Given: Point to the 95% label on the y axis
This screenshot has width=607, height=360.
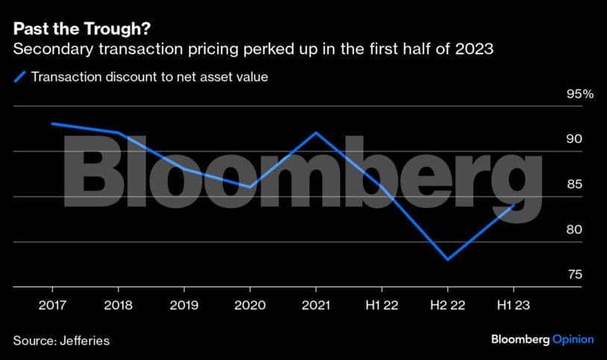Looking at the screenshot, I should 559,95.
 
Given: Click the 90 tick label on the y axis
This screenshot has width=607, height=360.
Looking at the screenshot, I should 553,139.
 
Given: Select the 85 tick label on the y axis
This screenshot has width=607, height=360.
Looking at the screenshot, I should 553,185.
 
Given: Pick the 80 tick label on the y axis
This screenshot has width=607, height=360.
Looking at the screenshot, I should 553,230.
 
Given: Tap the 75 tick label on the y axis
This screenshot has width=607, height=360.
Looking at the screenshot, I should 553,275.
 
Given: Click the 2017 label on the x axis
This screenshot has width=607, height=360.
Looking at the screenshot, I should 51,305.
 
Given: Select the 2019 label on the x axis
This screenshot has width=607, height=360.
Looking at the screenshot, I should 183,305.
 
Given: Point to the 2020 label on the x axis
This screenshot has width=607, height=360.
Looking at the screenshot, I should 250,305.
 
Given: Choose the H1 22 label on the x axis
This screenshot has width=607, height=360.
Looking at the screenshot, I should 382,305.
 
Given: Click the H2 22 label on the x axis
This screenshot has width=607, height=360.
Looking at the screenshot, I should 447,305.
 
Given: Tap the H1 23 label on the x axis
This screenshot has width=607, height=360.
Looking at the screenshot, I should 514,305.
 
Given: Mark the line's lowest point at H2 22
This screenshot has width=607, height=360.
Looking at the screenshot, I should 447,259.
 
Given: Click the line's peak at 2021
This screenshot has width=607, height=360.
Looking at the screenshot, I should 316,133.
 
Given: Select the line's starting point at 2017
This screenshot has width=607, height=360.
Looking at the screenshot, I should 51,124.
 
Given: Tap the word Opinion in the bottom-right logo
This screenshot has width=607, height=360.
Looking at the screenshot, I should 573,340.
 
